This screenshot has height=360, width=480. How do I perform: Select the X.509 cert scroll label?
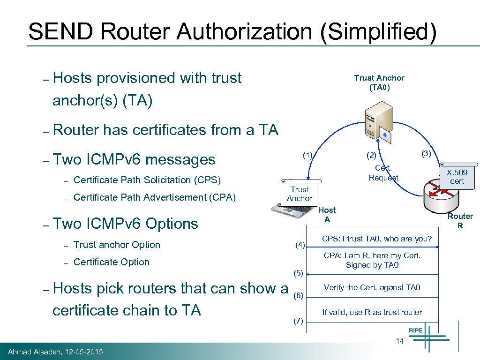tap(457, 177)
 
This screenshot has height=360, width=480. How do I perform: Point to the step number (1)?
tap(307, 155)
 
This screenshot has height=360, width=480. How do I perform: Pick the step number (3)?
tap(426, 153)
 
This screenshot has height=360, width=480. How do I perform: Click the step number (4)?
tap(300, 245)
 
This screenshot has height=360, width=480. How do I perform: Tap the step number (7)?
tap(298, 321)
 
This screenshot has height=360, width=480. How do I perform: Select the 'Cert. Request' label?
tap(383, 173)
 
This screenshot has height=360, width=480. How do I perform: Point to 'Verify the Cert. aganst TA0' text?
tap(372, 288)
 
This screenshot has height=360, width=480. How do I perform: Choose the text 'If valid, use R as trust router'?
tap(372, 312)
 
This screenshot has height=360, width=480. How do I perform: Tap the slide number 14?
tap(399, 341)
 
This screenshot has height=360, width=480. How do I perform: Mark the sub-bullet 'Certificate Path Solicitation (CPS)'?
tap(147, 180)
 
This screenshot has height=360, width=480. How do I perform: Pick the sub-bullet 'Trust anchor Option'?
tap(117, 245)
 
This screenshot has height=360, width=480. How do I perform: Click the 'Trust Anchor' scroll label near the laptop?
tap(300, 194)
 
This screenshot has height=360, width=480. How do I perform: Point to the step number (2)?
tap(371, 155)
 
